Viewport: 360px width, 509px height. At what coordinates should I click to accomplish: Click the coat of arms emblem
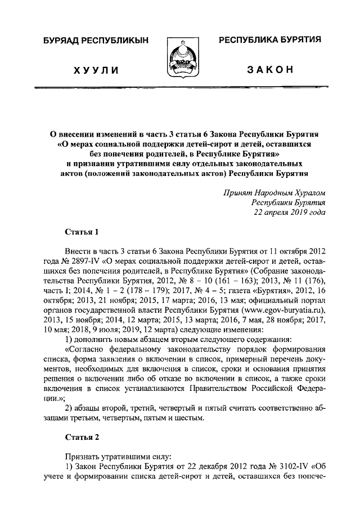point(181,58)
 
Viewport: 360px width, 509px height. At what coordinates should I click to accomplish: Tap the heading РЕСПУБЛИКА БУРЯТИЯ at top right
point(269,39)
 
